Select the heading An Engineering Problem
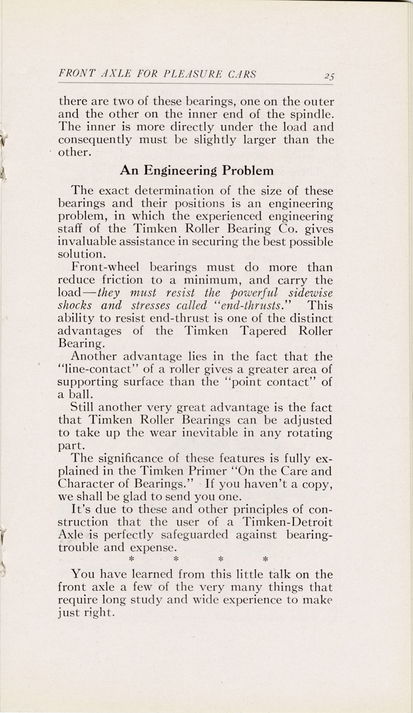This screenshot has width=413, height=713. click(196, 170)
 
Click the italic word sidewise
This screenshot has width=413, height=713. click(307, 293)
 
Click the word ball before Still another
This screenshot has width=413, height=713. click(81, 395)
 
